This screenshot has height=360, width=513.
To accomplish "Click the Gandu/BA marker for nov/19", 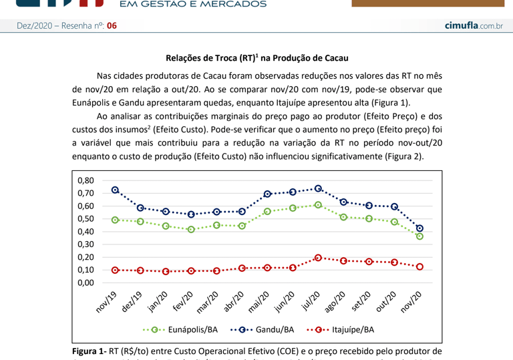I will coord(116,190).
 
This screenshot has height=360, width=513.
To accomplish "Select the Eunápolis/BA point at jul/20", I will coord(318,205).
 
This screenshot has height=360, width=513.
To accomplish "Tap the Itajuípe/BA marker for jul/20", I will coord(318,258).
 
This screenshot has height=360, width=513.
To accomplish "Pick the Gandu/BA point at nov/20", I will coord(419,228).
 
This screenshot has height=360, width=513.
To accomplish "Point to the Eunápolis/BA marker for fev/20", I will coord(192,229).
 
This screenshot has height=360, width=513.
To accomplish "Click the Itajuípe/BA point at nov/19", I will coord(116,270).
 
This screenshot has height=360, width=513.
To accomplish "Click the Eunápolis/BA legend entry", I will coord(180,329).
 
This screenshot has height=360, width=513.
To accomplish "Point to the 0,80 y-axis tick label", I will coord(85,180).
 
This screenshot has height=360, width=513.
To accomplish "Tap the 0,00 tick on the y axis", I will coord(85,283).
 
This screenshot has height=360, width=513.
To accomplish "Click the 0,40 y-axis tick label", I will coord(85,232).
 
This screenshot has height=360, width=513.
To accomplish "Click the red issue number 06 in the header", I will coord(112,25).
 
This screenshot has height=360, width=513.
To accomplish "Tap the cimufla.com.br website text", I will coord(473,25).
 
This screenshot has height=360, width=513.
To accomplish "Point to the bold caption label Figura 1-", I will coord(89,351).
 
